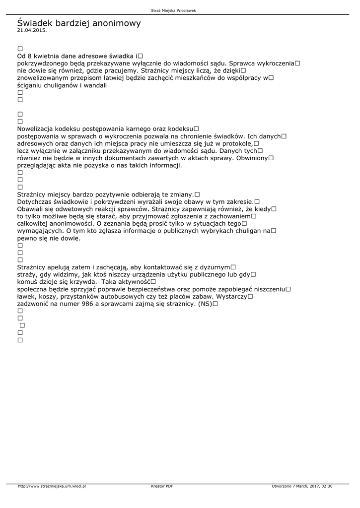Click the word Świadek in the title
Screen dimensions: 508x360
pyautogui.click(x=35, y=23)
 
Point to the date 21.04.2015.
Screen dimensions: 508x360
pyautogui.click(x=32, y=30)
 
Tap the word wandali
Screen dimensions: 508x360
pyautogui.click(x=95, y=85)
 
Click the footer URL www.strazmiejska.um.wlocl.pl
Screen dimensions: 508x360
pyautogui.click(x=52, y=486)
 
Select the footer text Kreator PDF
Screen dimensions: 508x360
pyautogui.click(x=162, y=486)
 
